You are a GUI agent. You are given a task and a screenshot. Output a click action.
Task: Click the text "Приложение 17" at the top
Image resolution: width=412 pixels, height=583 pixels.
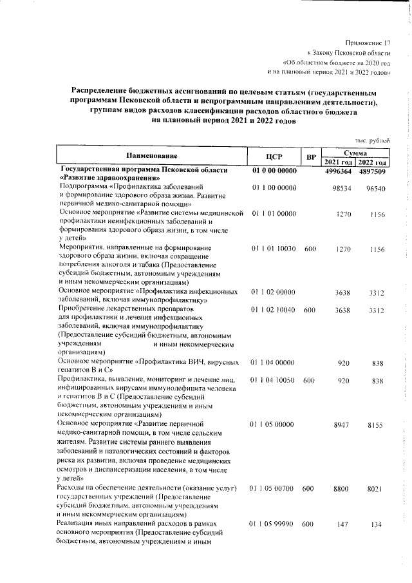[x=368, y=41]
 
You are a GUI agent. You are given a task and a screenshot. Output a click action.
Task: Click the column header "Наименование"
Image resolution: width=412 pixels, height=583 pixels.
[x=152, y=155]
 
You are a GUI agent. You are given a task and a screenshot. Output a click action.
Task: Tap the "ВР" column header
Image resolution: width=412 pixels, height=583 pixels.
[x=310, y=157]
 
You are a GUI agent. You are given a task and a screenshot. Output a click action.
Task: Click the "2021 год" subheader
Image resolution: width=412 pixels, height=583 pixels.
[x=337, y=162]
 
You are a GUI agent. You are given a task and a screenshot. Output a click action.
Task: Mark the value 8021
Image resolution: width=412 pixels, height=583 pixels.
[x=377, y=490]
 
